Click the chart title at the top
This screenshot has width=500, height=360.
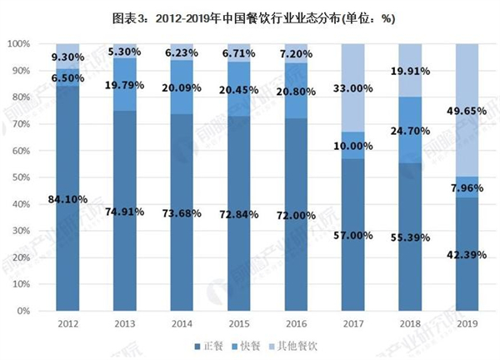coord(249,14)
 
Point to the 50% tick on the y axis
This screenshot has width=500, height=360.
coord(19,177)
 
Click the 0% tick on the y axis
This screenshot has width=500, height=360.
coord(22,311)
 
